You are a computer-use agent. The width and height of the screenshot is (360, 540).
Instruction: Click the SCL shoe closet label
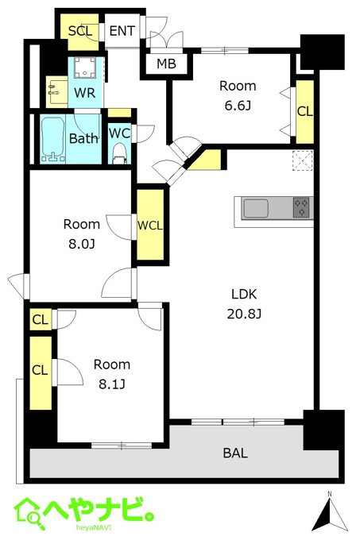point(80,31)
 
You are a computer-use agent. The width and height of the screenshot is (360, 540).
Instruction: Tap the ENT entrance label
point(122,31)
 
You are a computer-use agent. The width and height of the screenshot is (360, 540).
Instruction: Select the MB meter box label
point(166,64)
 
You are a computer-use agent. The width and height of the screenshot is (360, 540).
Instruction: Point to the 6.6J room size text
point(238,106)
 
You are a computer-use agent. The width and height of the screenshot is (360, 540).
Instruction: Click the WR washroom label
point(85,93)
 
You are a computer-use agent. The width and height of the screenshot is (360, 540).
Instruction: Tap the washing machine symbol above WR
point(85,67)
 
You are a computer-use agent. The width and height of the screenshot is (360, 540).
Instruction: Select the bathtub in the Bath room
point(53,139)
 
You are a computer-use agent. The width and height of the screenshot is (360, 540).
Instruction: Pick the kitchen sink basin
point(255,208)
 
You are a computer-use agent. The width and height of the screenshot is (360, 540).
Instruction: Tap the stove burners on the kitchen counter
point(301,207)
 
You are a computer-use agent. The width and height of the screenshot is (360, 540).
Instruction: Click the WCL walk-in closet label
point(150,226)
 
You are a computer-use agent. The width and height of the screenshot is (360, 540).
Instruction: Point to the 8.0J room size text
point(82,244)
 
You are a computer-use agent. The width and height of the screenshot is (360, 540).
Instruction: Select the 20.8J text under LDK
point(244,314)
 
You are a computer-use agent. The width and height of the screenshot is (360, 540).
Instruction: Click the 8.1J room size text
point(112,384)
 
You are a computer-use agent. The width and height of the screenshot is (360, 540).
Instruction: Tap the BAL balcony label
point(235,453)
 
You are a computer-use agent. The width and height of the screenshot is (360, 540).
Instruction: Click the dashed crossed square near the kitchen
point(302,160)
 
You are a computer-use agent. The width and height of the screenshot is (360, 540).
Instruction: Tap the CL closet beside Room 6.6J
point(305,112)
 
